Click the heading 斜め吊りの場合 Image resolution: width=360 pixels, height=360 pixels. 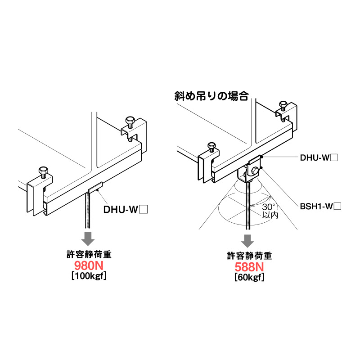click(x=211, y=95)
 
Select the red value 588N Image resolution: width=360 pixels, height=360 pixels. click(x=249, y=267)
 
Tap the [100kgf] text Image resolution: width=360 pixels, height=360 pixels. click(x=89, y=276)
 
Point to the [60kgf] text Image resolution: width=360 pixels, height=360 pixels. click(x=249, y=277)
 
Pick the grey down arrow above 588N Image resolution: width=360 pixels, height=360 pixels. click(x=247, y=240)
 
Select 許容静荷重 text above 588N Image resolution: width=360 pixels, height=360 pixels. click(x=249, y=256)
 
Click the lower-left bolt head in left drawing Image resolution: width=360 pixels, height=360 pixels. click(x=43, y=171)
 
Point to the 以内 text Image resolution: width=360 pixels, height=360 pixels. click(x=270, y=216)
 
